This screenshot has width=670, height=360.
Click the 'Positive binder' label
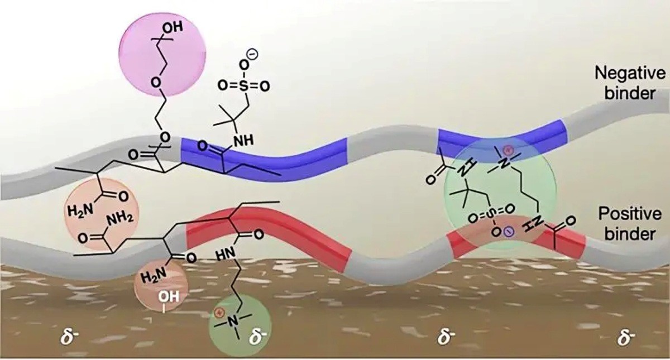click(630, 224)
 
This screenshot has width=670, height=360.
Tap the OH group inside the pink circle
click(173, 27)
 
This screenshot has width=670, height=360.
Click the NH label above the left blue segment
click(243, 140)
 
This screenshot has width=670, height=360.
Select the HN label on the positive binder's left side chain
click(225, 256)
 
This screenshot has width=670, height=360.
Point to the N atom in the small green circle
click(233, 321)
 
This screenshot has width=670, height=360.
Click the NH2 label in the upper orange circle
click(119, 220)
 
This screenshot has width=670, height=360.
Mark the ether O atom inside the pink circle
click(156, 82)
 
